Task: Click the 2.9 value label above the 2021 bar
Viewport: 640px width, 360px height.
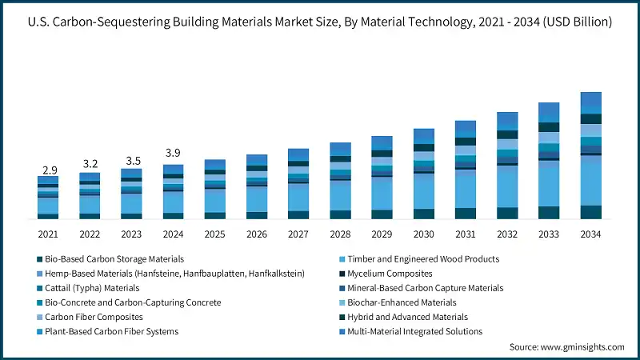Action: [49, 170]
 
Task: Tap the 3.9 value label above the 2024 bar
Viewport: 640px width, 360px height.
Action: [173, 153]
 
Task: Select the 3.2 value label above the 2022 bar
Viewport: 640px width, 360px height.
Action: [90, 164]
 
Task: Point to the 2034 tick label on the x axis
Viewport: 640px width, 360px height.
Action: [590, 234]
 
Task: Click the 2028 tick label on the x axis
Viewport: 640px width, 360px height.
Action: [340, 234]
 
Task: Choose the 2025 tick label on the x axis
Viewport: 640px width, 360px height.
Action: [214, 234]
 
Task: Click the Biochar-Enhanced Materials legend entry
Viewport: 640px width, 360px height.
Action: [401, 302]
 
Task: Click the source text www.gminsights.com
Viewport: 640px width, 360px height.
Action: [566, 347]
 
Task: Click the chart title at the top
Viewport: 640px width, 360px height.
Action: [320, 22]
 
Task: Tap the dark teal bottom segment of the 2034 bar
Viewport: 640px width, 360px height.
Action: [590, 212]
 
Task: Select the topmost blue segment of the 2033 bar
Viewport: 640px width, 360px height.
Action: [549, 111]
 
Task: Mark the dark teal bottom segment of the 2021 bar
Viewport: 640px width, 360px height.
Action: [48, 216]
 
